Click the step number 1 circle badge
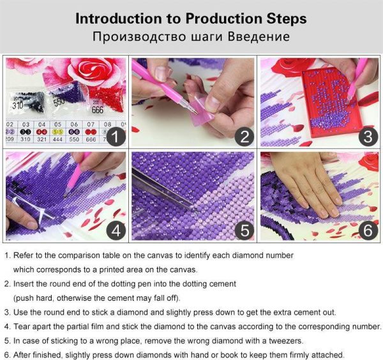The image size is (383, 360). [x=116, y=137]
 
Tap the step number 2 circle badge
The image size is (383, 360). [x=244, y=137]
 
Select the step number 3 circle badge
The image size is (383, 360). [x=368, y=137]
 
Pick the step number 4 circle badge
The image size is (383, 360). [x=116, y=231]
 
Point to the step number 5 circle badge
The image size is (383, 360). [x=244, y=231]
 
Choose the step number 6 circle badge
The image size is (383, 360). [x=368, y=231]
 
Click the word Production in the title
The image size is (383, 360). [x=224, y=19]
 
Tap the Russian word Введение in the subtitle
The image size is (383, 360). [x=259, y=36]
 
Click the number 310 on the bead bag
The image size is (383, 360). [x=18, y=105]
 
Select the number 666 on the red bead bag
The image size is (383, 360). [x=98, y=110]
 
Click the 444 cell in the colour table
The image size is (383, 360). [x=57, y=139]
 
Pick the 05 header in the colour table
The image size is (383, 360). [x=57, y=124]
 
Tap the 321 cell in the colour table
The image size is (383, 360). [x=41, y=139]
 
